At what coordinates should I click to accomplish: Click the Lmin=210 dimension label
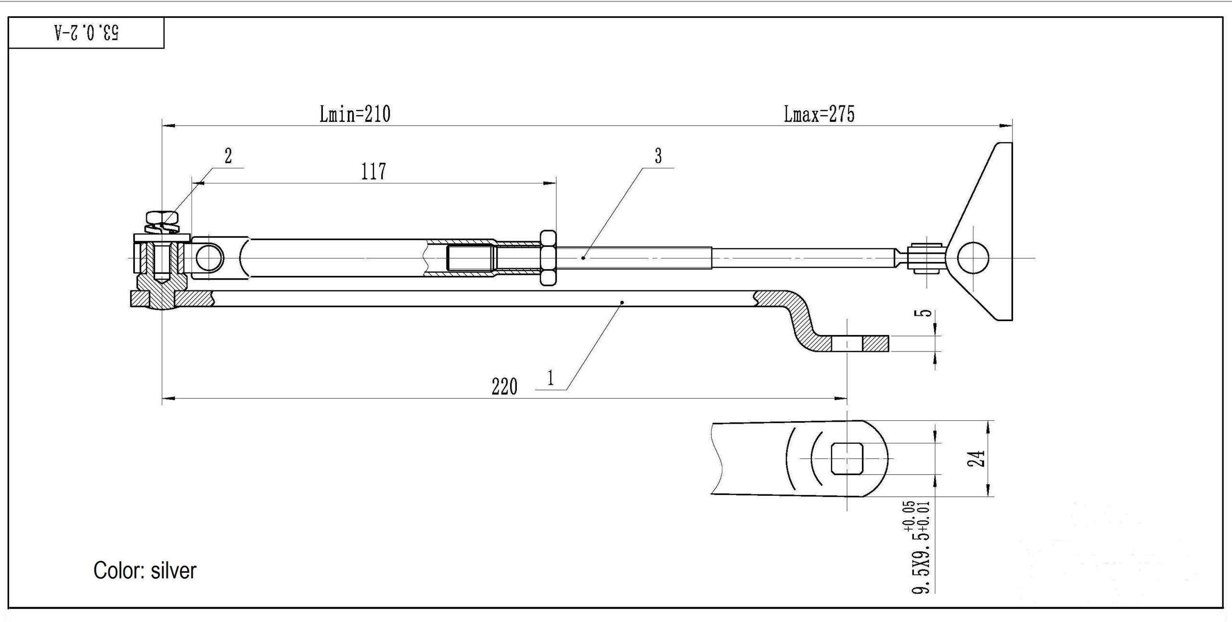point(355,114)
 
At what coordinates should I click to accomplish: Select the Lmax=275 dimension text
point(819,114)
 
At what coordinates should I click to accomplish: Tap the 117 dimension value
point(373,171)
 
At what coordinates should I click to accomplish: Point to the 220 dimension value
point(504,387)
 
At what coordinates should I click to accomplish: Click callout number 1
point(551,378)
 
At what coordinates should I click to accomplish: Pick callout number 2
point(228,155)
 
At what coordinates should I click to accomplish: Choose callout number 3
point(658,155)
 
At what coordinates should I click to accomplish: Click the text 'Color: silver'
point(145,570)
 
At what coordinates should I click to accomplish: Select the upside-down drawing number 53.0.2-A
point(87,33)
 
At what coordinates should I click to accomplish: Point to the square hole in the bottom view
point(847,458)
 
